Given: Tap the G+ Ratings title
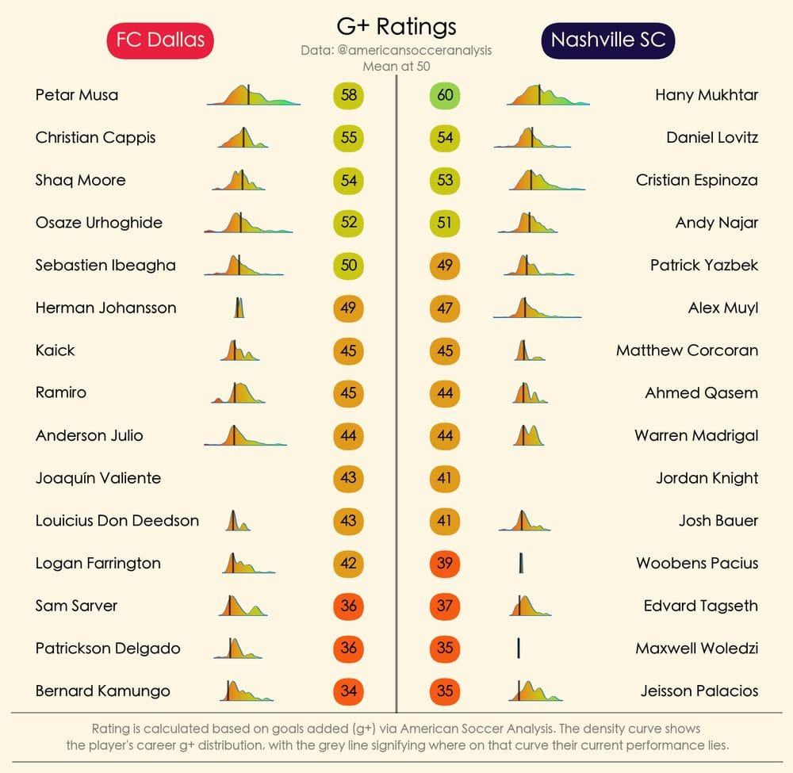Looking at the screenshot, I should click(x=396, y=26).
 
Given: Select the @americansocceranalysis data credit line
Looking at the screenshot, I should click(x=396, y=50).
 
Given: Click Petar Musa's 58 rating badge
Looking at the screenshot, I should click(x=349, y=95).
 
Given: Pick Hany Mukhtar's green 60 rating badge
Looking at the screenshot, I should click(x=445, y=95).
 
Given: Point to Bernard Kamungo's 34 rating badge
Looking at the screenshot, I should click(x=349, y=691).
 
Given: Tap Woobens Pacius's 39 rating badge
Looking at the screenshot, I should click(x=445, y=563).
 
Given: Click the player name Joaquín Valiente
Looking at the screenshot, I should click(x=98, y=478).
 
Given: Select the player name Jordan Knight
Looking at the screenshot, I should click(x=707, y=478).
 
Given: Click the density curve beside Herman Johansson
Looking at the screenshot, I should click(x=239, y=308).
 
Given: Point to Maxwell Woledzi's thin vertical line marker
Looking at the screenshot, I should click(x=518, y=648).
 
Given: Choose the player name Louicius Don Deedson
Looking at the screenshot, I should click(x=117, y=521).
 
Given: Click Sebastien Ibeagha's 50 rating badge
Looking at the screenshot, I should click(x=349, y=266).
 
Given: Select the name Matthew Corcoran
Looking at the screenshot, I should click(x=687, y=350).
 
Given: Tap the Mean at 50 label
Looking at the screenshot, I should click(x=396, y=66).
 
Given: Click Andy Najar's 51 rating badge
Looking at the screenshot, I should click(x=445, y=223).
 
